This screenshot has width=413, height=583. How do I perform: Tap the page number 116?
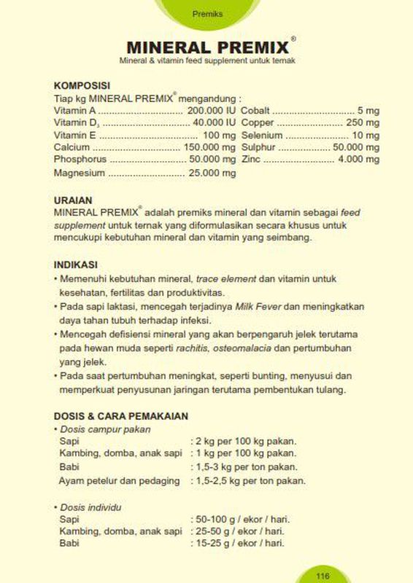(x=323, y=576)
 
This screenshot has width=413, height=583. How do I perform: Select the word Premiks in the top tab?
(x=206, y=14)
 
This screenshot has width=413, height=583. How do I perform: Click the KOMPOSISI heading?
(x=82, y=85)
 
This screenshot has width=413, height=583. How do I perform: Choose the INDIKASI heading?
(x=76, y=265)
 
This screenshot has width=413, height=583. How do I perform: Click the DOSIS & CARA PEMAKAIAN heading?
(x=121, y=416)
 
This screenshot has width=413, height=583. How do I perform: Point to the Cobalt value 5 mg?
(x=368, y=111)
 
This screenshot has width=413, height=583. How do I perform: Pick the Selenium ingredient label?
(x=261, y=135)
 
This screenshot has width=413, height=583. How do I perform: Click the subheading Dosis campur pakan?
(x=96, y=429)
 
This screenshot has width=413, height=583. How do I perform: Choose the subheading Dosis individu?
(x=90, y=506)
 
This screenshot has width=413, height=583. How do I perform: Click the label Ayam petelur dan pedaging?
(x=119, y=481)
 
